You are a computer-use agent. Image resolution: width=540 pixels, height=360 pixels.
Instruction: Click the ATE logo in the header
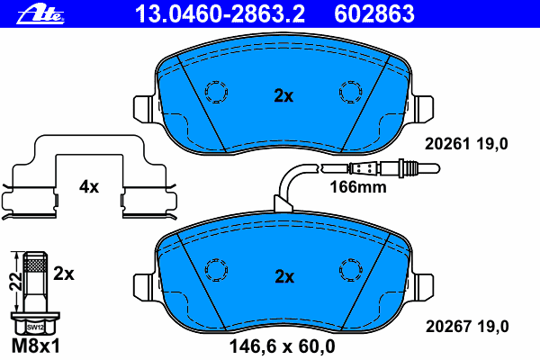(x=40, y=15)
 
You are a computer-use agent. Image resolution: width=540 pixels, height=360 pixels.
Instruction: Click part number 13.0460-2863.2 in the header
(x=220, y=14)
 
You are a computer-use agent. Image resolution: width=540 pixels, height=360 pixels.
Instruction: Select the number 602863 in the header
(x=374, y=14)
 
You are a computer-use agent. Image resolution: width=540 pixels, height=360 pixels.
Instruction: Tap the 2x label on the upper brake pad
(x=283, y=95)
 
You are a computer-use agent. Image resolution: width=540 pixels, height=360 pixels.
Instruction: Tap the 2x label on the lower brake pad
(x=284, y=276)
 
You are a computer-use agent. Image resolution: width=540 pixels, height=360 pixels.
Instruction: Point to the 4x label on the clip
(x=89, y=186)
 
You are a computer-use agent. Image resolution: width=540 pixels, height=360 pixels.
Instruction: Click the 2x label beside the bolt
(x=64, y=274)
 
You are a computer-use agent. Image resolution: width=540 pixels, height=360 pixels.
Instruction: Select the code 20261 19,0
(x=466, y=144)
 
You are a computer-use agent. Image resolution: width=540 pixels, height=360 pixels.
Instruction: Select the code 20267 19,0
(x=467, y=326)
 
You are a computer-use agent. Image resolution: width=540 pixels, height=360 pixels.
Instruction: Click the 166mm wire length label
(x=358, y=187)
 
